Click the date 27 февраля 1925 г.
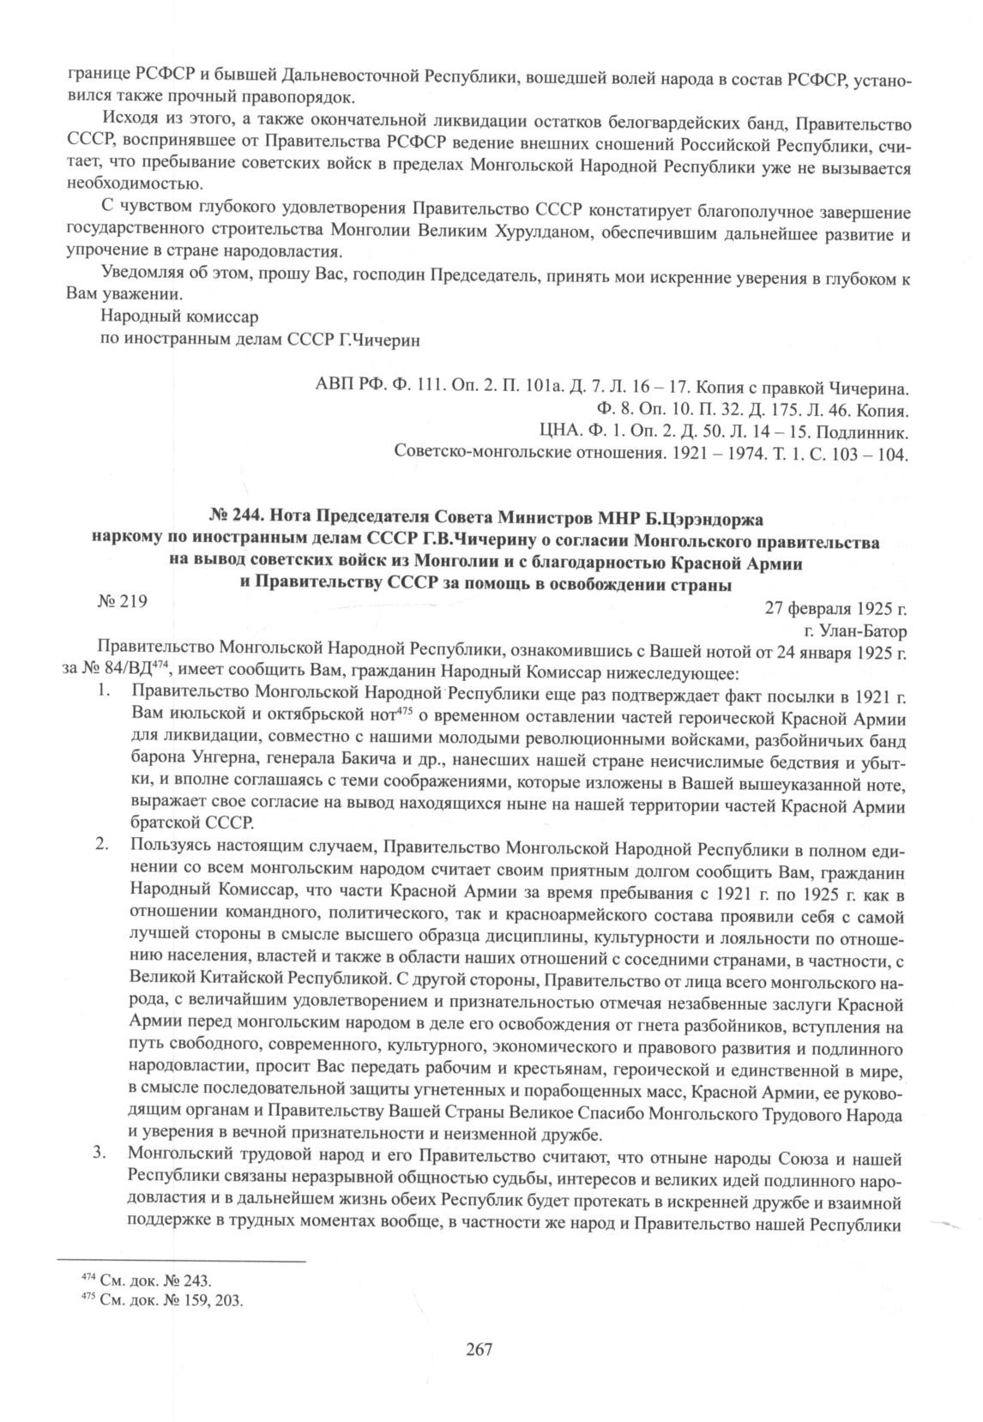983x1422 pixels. pyautogui.click(x=835, y=610)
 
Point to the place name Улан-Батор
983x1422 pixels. pyautogui.click(x=863, y=632)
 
